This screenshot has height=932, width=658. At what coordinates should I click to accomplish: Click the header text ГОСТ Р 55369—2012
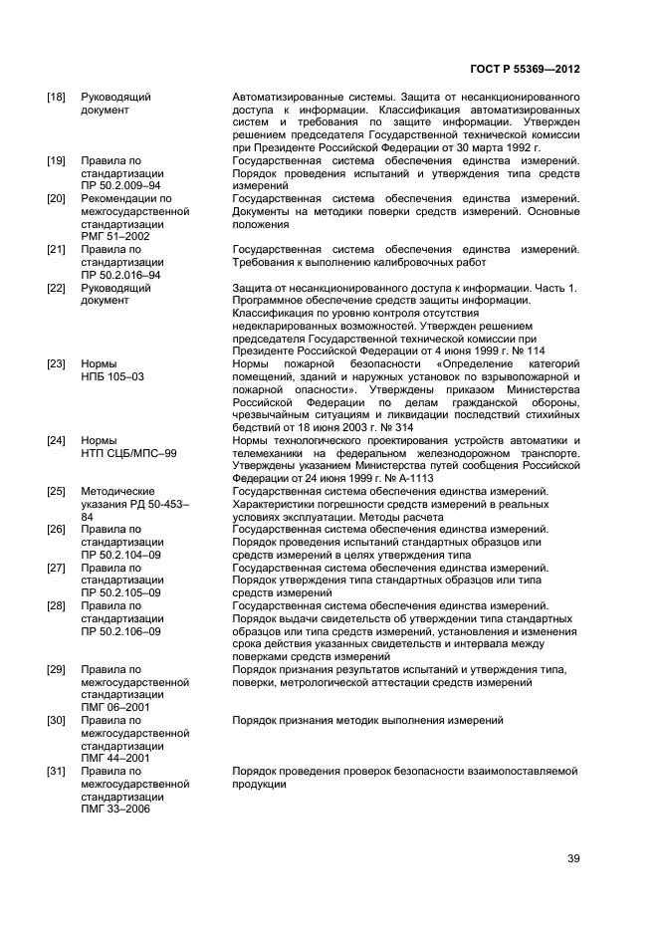pos(525,70)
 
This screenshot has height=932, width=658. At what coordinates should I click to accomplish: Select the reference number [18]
pos(57,97)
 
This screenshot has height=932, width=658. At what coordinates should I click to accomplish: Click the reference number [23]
pos(57,364)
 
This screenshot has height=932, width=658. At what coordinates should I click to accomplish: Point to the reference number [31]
pos(57,772)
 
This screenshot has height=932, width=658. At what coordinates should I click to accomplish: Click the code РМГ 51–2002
pos(115,237)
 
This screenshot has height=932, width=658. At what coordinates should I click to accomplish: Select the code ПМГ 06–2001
pos(115,708)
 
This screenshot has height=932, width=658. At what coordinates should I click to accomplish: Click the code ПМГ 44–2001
pos(115,759)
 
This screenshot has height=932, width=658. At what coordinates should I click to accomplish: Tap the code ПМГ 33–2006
pos(115,810)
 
